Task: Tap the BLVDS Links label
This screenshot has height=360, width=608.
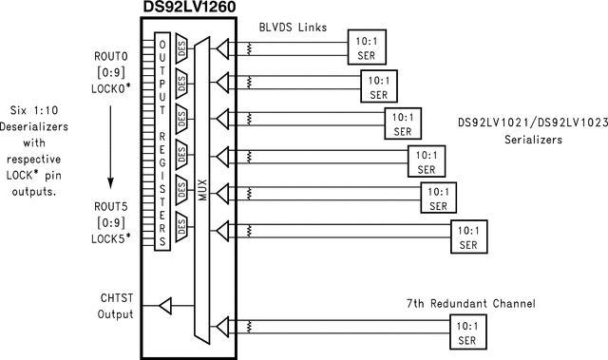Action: [x=294, y=28]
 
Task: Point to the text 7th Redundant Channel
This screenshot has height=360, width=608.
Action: [x=470, y=303]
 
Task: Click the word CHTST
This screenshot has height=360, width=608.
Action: [x=115, y=298]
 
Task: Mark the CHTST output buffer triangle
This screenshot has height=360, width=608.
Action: [x=165, y=306]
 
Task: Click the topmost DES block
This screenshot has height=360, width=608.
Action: [x=182, y=46]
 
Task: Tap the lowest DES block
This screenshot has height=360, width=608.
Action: [x=182, y=225]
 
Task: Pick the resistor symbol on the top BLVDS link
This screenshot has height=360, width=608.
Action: [x=248, y=46]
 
